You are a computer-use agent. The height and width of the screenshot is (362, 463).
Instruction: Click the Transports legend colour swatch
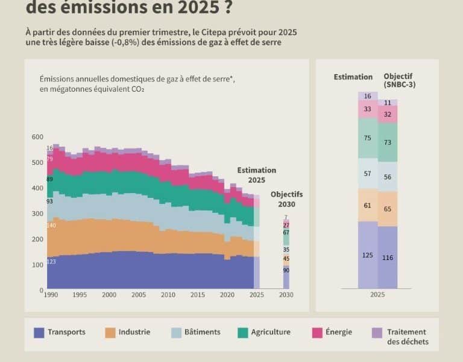pos(39,332)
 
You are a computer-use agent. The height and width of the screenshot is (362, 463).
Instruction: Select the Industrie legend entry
pos(134,332)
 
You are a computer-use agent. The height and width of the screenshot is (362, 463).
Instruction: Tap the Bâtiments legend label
pos(202,332)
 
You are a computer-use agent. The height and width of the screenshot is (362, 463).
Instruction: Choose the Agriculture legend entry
pos(271,332)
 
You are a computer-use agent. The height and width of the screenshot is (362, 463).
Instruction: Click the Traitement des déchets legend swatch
pos(377,332)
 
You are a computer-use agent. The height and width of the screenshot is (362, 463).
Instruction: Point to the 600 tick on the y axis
pos(37,137)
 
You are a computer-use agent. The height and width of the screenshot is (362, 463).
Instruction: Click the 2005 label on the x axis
pos(138,295)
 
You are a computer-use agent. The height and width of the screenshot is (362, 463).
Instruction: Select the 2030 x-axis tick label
pos(286,295)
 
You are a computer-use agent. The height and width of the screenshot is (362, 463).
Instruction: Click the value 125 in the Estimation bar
pos(368,255)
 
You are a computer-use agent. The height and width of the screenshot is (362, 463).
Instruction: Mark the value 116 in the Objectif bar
pos(388,258)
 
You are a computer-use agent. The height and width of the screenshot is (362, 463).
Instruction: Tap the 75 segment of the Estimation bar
pos(368,138)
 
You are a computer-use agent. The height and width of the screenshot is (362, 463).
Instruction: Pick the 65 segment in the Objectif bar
pos(388,209)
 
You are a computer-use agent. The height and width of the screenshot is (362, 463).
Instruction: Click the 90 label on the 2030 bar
pos(286,270)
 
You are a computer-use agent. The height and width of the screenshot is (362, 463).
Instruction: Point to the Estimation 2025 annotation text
pos(256,175)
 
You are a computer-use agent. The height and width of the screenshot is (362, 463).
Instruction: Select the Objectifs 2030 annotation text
pos(286,199)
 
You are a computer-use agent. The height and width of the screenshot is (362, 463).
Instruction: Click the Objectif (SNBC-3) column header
pos(399,81)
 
